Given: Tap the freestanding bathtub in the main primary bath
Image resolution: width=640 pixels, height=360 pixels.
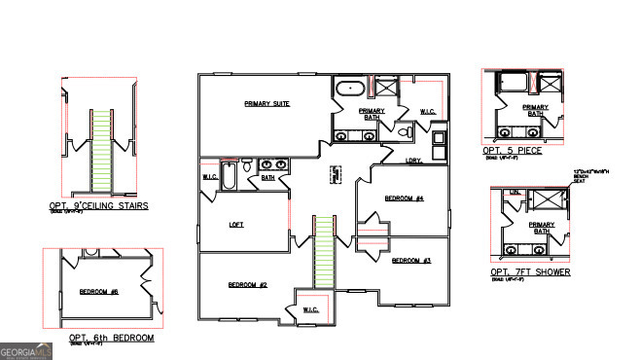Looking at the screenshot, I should pyautogui.click(x=348, y=90).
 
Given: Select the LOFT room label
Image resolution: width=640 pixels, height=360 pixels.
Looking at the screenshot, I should pyautogui.click(x=235, y=224).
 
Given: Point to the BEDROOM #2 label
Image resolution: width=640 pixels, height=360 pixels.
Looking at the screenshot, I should pyautogui.click(x=247, y=284).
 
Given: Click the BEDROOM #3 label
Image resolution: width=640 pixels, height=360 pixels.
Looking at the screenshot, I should pyautogui.click(x=410, y=261).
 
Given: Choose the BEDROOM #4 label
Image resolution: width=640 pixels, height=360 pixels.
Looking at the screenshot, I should pyautogui.click(x=404, y=198).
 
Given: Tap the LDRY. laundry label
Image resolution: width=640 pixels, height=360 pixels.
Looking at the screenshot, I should pyautogui.click(x=413, y=161).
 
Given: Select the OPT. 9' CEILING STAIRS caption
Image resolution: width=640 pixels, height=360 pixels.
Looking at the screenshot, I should pyautogui.click(x=98, y=206).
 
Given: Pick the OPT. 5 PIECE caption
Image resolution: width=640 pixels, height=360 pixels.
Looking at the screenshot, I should pyautogui.click(x=512, y=151).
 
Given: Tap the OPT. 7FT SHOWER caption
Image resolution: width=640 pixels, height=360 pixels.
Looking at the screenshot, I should pyautogui.click(x=531, y=272).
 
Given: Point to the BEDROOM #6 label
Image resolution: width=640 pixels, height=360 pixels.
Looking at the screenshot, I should pyautogui.click(x=98, y=292).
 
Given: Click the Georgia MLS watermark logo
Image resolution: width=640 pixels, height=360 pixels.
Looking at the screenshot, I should pyautogui.click(x=25, y=350).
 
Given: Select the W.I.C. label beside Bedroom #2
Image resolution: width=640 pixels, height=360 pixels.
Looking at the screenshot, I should pyautogui.click(x=310, y=309).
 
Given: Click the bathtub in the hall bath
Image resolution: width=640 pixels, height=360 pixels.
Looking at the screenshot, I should pyautogui.click(x=230, y=178).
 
